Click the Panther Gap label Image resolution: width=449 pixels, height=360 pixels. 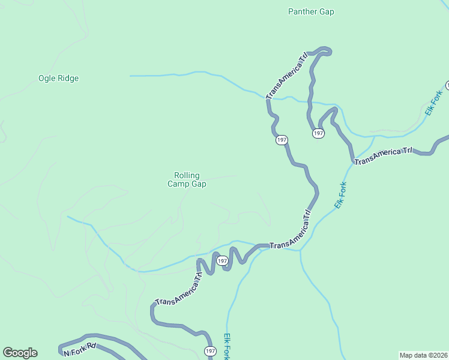click(x=311, y=11)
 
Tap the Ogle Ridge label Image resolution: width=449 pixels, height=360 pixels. click(x=58, y=78)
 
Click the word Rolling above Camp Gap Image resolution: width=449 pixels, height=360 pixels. click(x=187, y=175)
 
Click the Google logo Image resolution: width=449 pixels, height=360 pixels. click(x=20, y=352)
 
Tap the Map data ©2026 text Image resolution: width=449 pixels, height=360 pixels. click(x=423, y=355)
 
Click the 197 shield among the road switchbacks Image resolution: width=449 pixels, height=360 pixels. click(x=222, y=260)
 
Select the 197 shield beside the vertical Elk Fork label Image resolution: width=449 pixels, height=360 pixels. click(x=209, y=351)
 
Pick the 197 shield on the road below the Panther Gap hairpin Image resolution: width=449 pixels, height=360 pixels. click(x=318, y=133)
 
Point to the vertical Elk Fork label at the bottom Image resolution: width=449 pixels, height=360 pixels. click(x=227, y=346)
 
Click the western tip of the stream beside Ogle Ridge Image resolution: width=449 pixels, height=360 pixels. click(x=130, y=76)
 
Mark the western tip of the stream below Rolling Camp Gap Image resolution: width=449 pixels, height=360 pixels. click(x=68, y=217)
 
